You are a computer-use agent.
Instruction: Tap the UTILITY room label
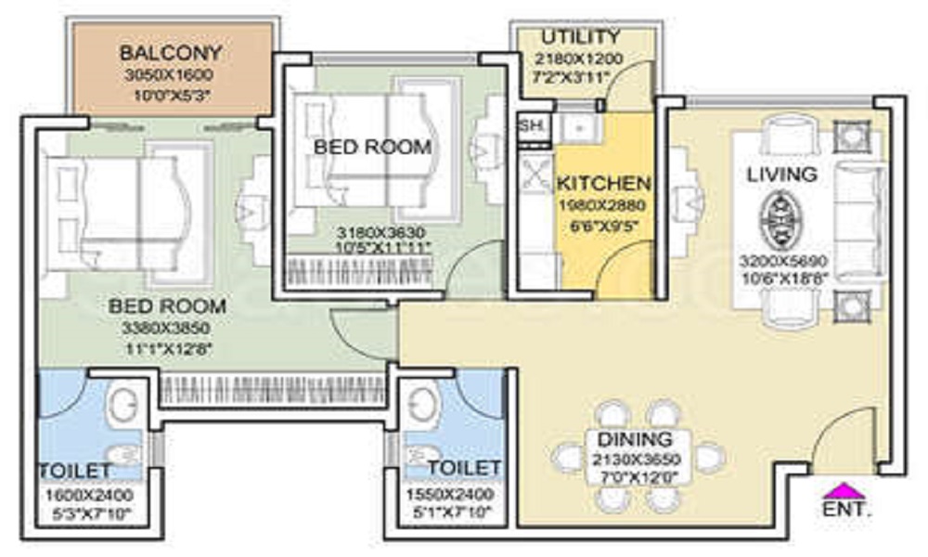coord(581,37)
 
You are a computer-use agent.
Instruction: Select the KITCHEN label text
coord(603,183)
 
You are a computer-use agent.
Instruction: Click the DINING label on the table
coord(635,439)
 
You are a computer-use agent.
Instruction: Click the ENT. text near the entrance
coord(845,509)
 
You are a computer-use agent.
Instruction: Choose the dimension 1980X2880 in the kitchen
coord(602,205)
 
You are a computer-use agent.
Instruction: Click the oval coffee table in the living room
coord(778,220)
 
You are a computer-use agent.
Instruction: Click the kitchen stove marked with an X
coord(536,175)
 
